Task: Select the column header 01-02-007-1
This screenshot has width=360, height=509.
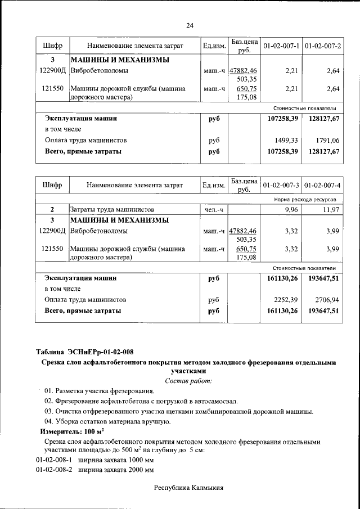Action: point(281,45)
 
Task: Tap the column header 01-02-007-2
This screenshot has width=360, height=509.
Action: point(322,45)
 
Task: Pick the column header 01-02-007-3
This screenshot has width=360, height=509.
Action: point(281,184)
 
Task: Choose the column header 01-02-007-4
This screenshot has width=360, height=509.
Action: point(322,184)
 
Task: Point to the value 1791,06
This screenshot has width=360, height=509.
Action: point(328,140)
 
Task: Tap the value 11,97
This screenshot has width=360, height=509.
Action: point(330,210)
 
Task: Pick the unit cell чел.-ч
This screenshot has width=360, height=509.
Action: point(214,210)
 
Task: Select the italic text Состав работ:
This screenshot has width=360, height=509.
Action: point(189,381)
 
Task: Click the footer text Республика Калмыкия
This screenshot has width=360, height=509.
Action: point(189,488)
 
